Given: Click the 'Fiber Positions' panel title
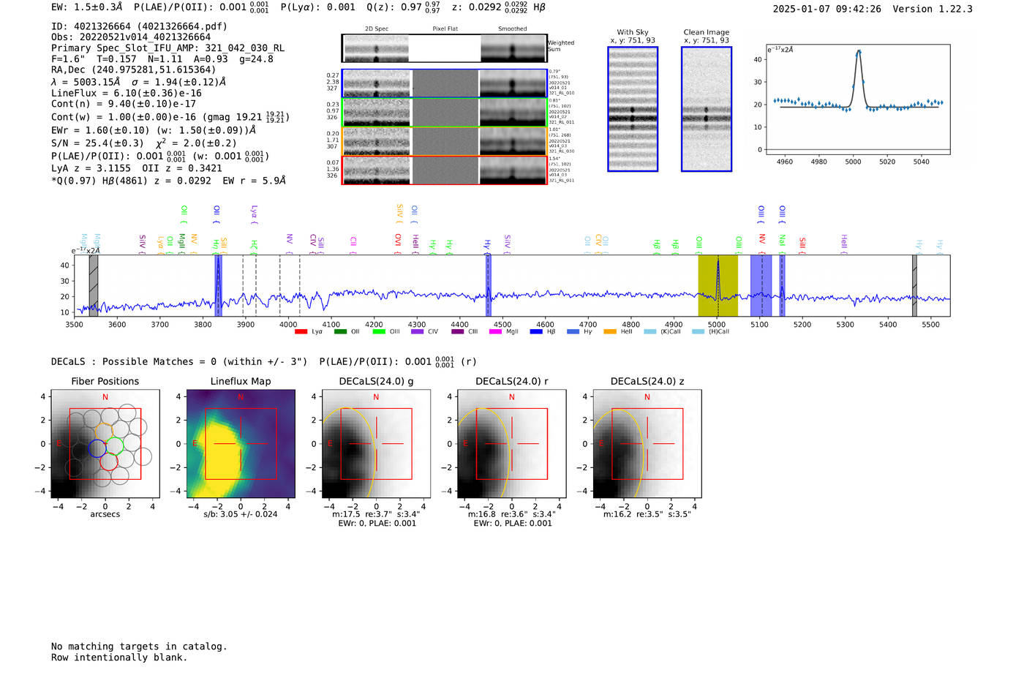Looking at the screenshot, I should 105,381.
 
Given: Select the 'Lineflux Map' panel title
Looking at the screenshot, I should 240,381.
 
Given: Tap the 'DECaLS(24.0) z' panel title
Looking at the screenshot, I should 647,381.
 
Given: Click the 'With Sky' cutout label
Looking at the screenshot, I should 633,32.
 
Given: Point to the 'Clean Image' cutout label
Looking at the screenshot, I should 706,32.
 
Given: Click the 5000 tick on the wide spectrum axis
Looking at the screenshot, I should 717,324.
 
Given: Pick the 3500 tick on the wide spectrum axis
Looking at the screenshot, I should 75,324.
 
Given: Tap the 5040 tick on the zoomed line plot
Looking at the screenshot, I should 921,162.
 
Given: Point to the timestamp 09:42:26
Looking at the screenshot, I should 857,9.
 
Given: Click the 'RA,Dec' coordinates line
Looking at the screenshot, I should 133,69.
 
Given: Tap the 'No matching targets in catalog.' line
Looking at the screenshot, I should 139,647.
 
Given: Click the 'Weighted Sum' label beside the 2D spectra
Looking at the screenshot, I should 560,45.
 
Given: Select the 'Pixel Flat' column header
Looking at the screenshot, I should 445,29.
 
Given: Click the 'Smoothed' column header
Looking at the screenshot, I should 512,29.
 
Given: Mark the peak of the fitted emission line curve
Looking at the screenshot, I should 859,51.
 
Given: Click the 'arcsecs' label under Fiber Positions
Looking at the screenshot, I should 105,514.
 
